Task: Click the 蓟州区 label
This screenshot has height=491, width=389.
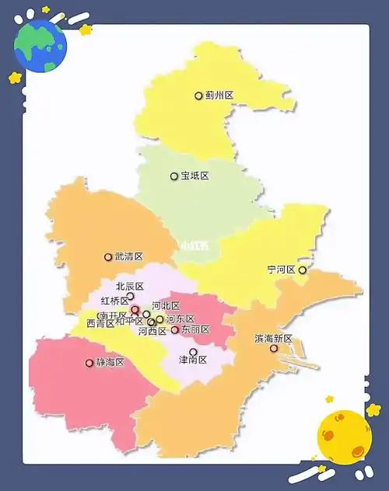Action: tap(219, 96)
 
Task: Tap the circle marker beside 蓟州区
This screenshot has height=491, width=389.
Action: tap(198, 96)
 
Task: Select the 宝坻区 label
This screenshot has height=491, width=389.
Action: tap(194, 176)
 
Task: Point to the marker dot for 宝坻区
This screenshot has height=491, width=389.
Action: tap(174, 176)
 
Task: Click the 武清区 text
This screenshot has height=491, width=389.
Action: tap(129, 256)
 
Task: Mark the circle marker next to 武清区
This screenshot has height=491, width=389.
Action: tap(108, 257)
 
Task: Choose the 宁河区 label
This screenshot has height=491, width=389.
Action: tap(281, 270)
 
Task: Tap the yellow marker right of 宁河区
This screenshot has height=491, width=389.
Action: tap(303, 270)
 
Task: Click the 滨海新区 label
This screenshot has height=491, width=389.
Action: tap(273, 339)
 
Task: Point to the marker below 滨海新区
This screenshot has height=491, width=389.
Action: tap(274, 349)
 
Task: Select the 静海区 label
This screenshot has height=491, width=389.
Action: tap(110, 362)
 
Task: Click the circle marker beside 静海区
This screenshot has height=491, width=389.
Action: tap(89, 363)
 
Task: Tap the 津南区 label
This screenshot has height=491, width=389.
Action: tap(193, 360)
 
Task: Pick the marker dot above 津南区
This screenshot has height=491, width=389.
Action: tap(193, 352)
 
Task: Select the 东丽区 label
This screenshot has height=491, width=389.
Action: tap(194, 330)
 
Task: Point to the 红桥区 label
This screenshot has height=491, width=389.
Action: tap(114, 301)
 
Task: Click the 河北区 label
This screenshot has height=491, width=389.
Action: tap(166, 305)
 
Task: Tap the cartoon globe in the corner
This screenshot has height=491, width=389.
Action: tap(40, 45)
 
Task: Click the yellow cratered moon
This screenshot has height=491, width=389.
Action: tap(345, 437)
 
